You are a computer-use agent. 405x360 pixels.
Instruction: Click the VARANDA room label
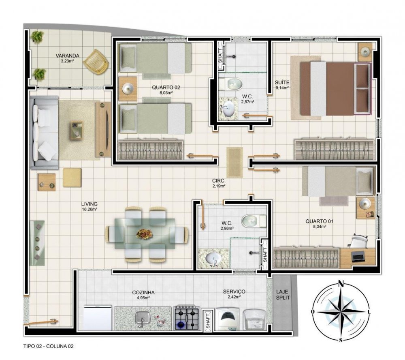[67, 56]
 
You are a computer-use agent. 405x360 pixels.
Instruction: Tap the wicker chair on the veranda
[96, 62]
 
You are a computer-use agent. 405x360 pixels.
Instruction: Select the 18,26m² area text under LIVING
[90, 209]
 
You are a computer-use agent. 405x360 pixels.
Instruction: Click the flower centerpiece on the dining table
[145, 234]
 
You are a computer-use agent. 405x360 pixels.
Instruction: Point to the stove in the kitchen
[187, 318]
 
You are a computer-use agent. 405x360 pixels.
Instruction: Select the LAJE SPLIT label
[283, 295]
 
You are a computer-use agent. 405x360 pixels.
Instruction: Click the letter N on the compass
[341, 283]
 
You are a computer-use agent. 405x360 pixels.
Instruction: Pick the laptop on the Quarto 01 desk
[358, 255]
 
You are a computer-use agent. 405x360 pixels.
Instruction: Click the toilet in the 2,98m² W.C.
[254, 221]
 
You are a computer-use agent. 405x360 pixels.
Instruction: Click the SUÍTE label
[282, 83]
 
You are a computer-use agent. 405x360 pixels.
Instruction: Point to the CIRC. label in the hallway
[219, 181]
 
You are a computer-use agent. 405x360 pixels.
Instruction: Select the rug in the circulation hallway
[234, 162]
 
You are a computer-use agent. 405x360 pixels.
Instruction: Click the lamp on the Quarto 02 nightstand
[128, 89]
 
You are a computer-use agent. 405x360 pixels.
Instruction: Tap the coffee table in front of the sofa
[77, 131]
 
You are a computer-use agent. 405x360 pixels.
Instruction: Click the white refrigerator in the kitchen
[98, 318]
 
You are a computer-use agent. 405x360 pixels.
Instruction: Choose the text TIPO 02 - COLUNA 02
[48, 346]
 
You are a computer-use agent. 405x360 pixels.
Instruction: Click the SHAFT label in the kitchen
[208, 319]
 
